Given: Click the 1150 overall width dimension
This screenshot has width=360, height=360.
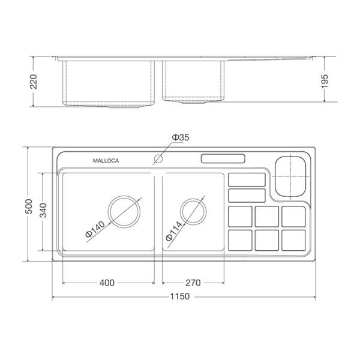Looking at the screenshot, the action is coord(180,296).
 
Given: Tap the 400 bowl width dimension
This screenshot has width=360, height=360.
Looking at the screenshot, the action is coord(107,283).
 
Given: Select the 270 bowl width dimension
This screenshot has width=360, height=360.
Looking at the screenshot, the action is coord(193,283).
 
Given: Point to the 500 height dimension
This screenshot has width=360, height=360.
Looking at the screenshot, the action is coord(29,206).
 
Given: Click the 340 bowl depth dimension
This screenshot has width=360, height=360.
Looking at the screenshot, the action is coord(43,211).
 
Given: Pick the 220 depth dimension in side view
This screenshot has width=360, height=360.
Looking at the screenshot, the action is coord(34,82).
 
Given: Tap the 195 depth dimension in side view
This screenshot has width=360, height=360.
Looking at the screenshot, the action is coord(325,81).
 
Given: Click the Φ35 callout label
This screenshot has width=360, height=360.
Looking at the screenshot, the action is coord(181,137).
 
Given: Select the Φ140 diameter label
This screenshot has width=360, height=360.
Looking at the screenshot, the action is coord(95,229).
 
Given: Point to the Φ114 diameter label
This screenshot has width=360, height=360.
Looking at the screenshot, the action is coord(174,231).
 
